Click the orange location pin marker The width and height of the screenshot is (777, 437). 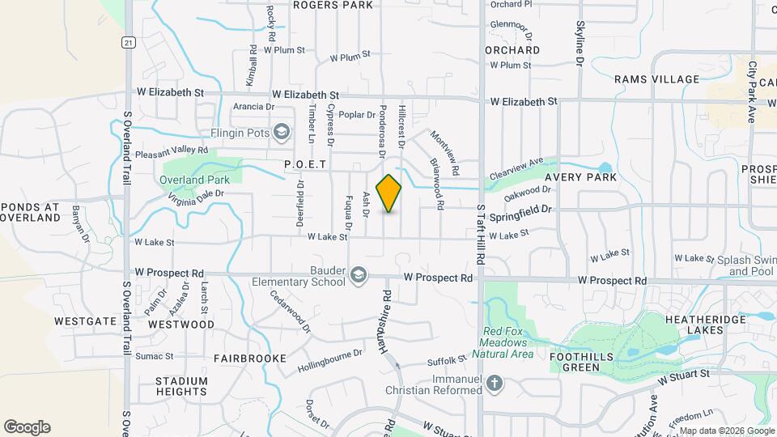(388, 193)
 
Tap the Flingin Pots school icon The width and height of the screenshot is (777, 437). (282, 132)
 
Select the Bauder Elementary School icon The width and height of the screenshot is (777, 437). (357, 277)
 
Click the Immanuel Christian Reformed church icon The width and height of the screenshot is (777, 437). (495, 382)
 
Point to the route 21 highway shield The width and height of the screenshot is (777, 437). (129, 41)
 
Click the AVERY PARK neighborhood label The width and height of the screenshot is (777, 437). (580, 176)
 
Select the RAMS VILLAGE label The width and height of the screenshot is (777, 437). (656, 79)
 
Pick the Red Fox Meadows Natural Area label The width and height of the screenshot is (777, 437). (507, 343)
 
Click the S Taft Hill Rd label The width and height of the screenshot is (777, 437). (480, 235)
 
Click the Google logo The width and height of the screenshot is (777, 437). (27, 427)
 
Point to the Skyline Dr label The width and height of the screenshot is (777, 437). (580, 42)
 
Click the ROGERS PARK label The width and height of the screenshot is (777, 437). (333, 5)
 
